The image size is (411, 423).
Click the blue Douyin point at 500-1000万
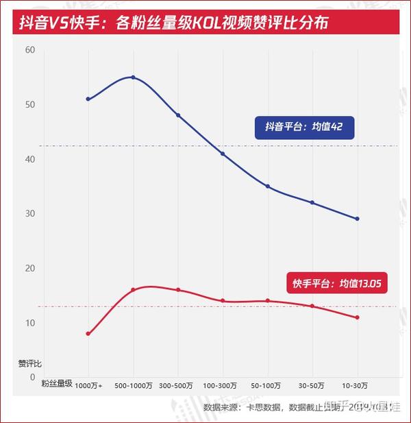[133, 77]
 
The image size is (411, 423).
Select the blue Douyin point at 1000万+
[88, 99]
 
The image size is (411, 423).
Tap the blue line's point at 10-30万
[357, 219]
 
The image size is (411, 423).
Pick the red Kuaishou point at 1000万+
[88, 334]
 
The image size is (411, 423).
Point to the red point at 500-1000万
[133, 290]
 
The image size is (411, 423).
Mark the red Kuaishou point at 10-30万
[357, 317]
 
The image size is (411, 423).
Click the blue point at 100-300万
[223, 154]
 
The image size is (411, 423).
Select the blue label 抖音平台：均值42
[303, 127]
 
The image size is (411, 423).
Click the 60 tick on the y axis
[30, 50]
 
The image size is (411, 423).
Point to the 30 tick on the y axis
[30, 213]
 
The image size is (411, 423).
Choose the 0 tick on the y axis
[32, 376]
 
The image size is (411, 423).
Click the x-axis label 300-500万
[178, 386]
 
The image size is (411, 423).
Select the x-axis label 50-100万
[268, 386]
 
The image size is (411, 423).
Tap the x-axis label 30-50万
[312, 386]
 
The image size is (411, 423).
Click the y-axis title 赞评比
[29, 363]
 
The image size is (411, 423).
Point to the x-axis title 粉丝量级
[56, 384]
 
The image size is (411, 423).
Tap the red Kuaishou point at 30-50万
[312, 306]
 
